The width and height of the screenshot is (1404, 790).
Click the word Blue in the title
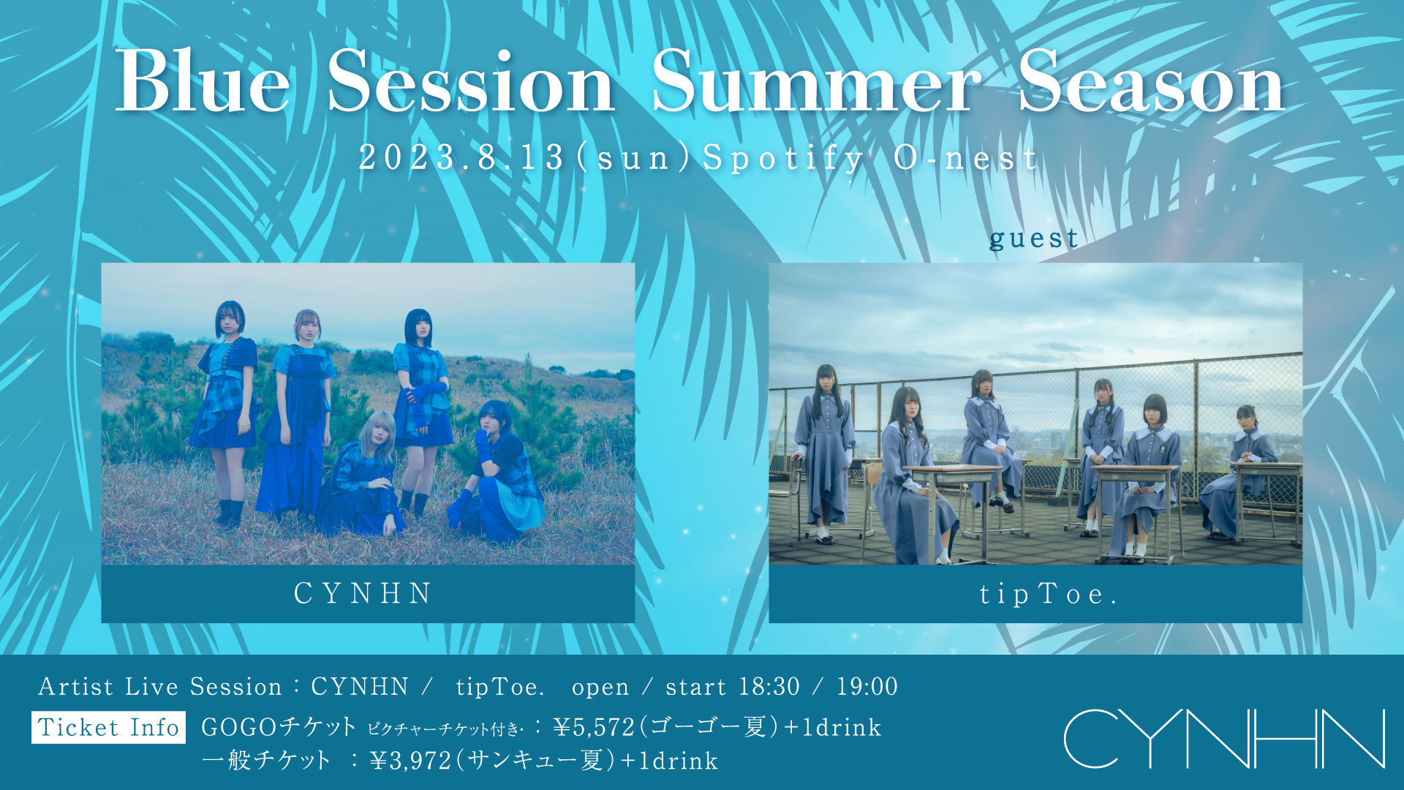pos(203,82)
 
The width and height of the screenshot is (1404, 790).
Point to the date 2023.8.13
pos(461,157)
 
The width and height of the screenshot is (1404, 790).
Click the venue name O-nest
pos(966,157)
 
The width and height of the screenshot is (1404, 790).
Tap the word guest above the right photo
pos(1033,238)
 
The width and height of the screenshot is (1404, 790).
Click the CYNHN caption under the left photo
pos(363,593)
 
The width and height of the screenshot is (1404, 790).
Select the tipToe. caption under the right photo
pos(1048,595)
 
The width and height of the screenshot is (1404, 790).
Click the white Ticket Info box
pos(108,728)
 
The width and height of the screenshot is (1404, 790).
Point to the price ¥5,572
pos(594,728)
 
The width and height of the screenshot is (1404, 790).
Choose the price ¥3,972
pos(411,761)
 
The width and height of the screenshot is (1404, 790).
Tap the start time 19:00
pos(867,687)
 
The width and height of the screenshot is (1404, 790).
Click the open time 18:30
pos(769,687)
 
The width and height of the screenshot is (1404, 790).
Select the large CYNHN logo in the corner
pos(1224,738)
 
